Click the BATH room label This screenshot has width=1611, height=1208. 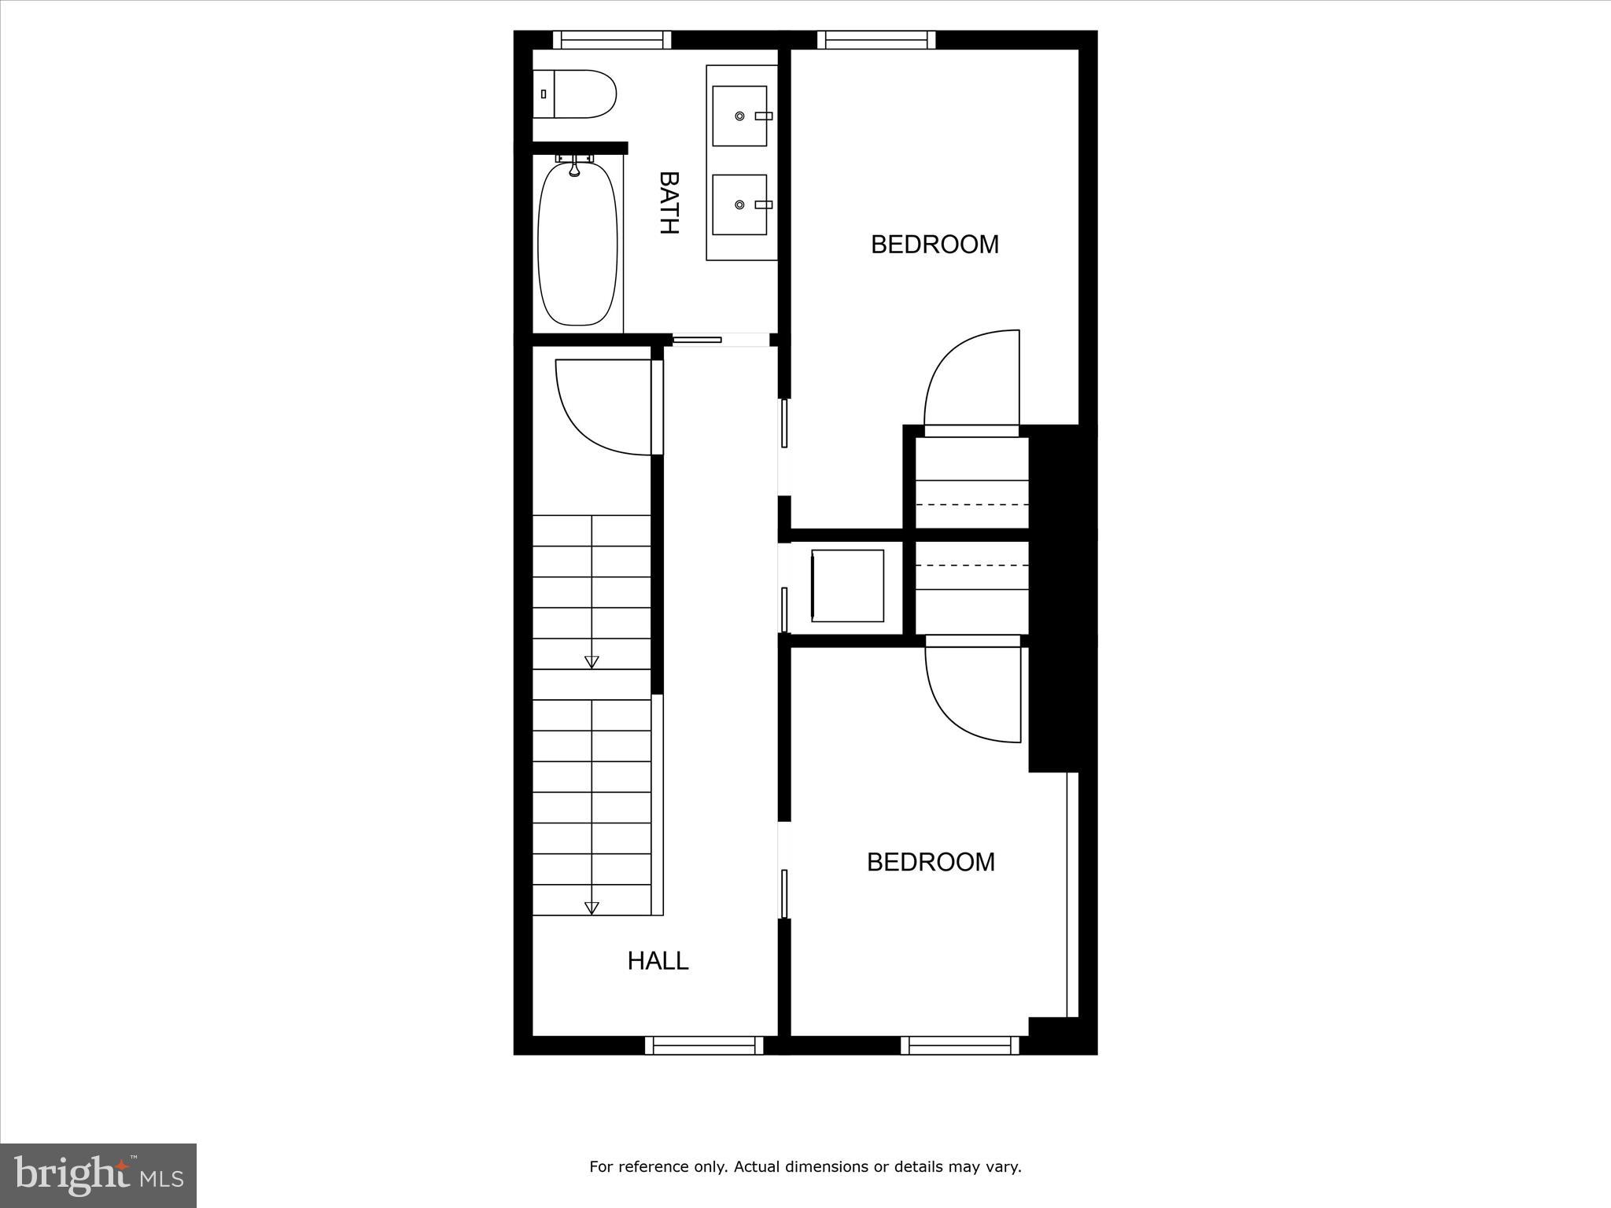(669, 203)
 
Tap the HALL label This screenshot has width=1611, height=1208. (658, 960)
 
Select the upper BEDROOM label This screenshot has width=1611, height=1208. (935, 245)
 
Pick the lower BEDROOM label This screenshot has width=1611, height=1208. (931, 862)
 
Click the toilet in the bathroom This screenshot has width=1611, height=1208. (574, 94)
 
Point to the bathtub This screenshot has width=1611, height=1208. (577, 243)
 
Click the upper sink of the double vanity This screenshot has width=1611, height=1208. (739, 116)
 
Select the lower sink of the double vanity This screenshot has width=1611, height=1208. (739, 204)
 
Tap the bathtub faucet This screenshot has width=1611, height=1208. (575, 166)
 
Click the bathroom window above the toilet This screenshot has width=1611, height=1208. (612, 40)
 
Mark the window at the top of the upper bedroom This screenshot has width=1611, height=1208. (876, 40)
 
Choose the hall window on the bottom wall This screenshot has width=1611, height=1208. (704, 1044)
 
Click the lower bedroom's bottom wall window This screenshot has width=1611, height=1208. (960, 1044)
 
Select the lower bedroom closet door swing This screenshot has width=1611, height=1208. (973, 692)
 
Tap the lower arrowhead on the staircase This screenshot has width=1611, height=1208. (592, 908)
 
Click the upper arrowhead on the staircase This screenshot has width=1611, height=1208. (592, 662)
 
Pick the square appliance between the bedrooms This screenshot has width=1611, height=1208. (847, 586)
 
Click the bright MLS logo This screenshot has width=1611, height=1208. (98, 1176)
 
